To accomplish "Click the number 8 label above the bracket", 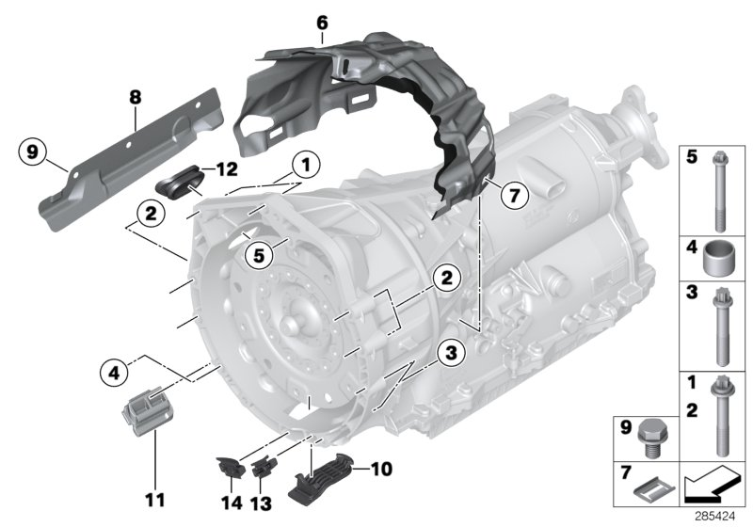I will coord(135,96).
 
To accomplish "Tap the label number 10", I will coord(381,468).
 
